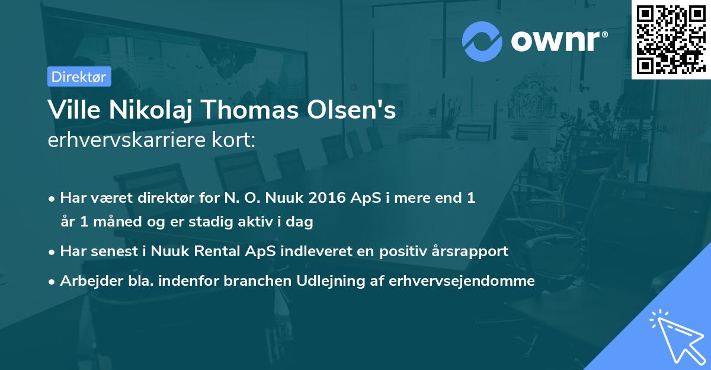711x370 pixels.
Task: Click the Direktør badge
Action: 79,76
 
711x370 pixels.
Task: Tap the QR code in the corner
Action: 671,39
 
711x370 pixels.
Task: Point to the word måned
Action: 116,222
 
